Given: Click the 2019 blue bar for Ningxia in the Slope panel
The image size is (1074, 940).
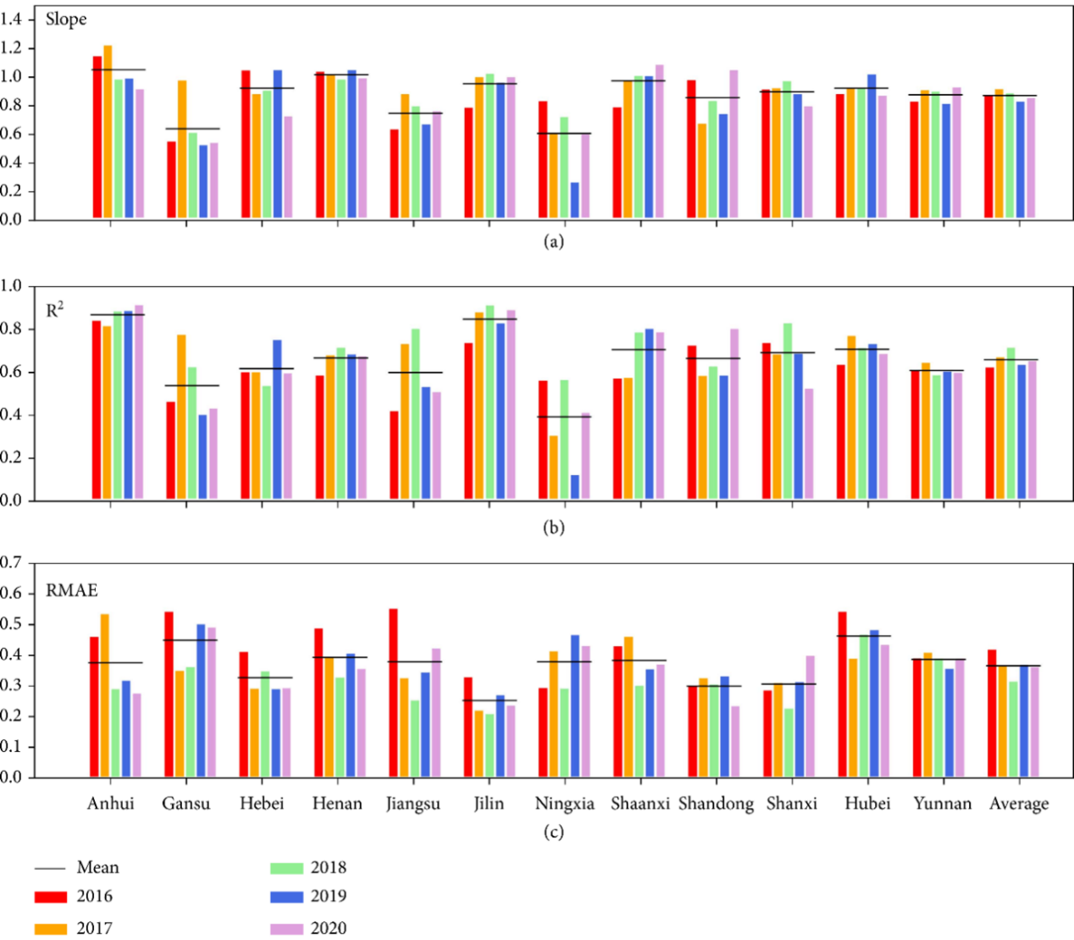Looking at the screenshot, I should pyautogui.click(x=575, y=202).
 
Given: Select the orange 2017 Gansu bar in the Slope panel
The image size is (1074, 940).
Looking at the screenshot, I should pyautogui.click(x=182, y=150).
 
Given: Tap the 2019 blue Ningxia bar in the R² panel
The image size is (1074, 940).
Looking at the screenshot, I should pyautogui.click(x=575, y=488).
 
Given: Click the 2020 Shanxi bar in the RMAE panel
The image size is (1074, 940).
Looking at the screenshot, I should pyautogui.click(x=811, y=716).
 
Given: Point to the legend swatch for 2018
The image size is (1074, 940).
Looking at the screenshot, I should pyautogui.click(x=286, y=868).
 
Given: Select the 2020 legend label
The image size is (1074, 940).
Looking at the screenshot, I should pyautogui.click(x=328, y=928).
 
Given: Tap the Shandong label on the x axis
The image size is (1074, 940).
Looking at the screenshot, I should pyautogui.click(x=716, y=804).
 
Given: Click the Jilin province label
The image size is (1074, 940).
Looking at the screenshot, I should pyautogui.click(x=489, y=804).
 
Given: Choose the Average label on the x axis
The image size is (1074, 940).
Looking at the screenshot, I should pyautogui.click(x=1018, y=804).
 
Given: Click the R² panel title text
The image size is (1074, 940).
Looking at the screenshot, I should pyautogui.click(x=55, y=310).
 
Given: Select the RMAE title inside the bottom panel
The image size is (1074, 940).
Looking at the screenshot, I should pyautogui.click(x=72, y=590).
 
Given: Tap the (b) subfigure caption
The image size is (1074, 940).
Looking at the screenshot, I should pyautogui.click(x=553, y=528).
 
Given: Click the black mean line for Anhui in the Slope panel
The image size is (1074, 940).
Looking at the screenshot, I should pyautogui.click(x=118, y=69).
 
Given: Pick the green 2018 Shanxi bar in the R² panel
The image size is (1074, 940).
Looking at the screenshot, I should pyautogui.click(x=788, y=412).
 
